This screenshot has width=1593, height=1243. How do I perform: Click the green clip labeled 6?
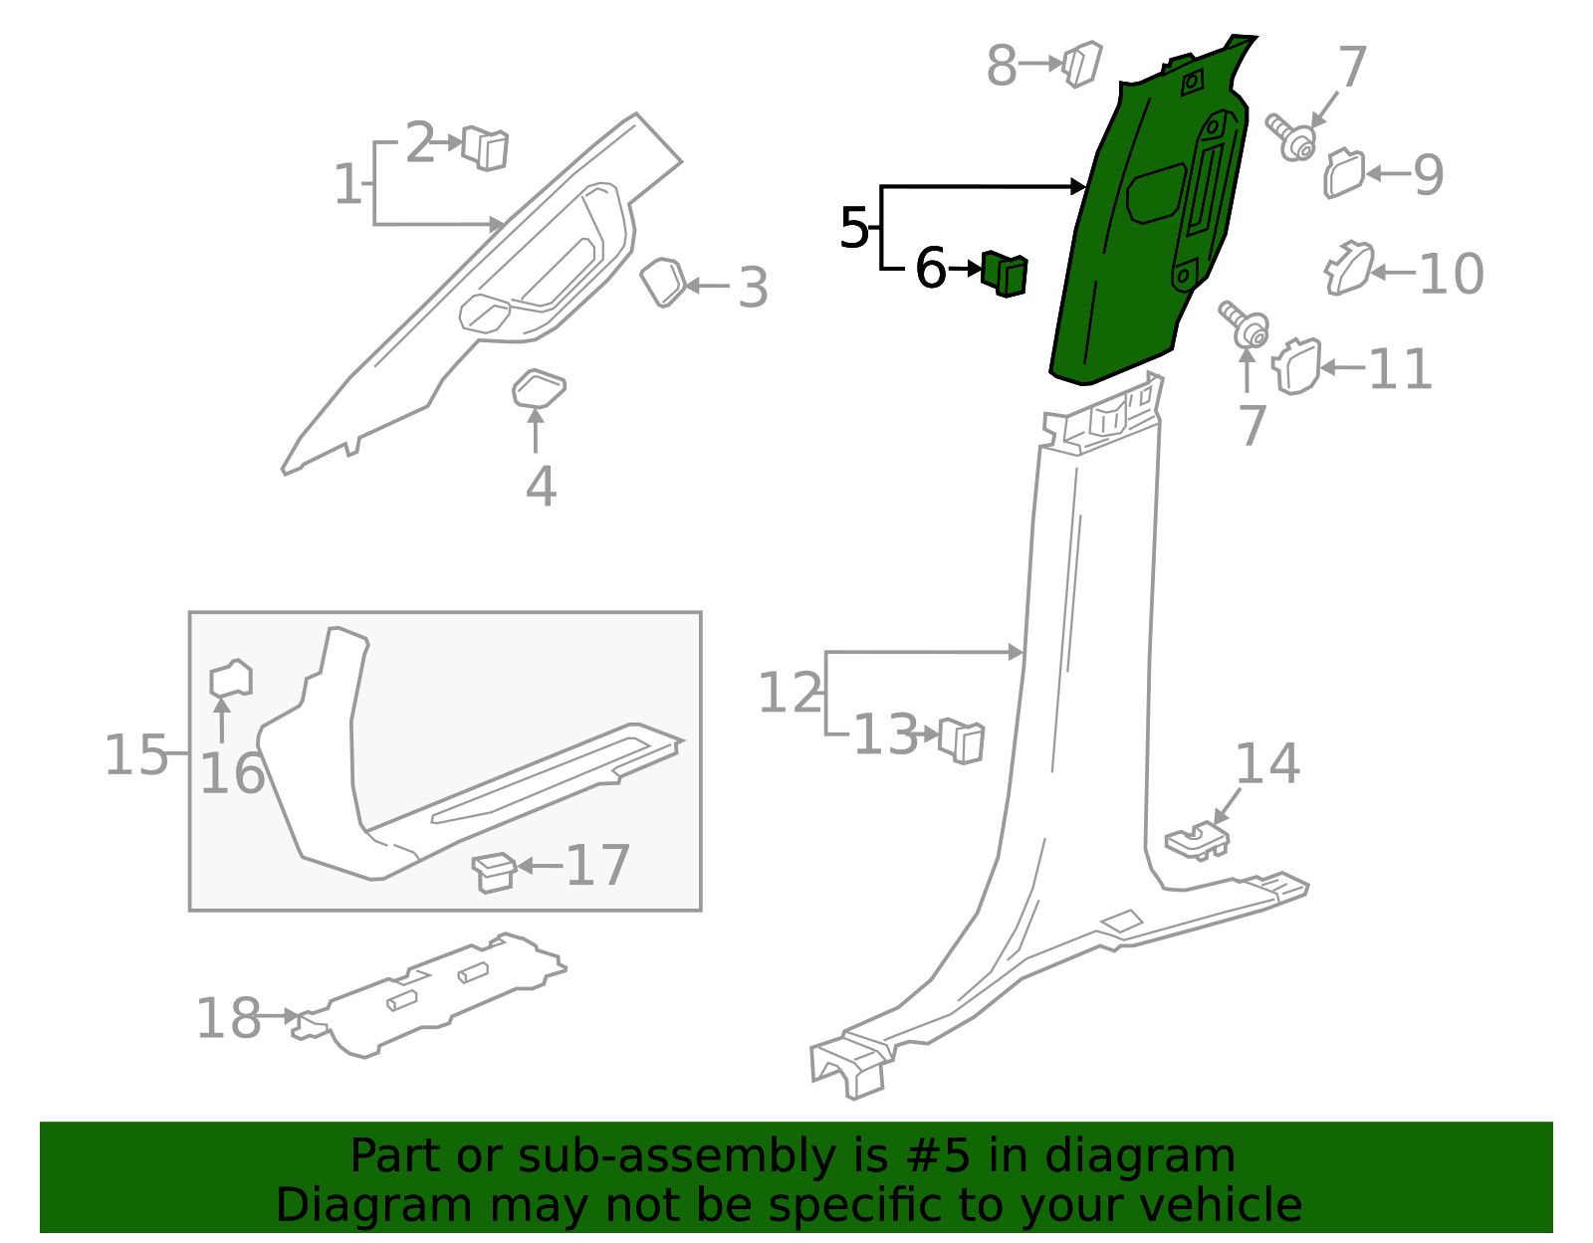click(x=1005, y=273)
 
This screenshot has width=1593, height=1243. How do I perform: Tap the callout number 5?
click(x=853, y=229)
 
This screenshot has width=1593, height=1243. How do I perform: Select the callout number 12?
click(x=790, y=693)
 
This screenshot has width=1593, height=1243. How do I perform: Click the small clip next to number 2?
click(x=486, y=148)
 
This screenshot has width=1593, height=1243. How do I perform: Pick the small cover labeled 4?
click(x=538, y=389)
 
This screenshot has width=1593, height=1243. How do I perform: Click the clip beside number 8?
click(x=1082, y=63)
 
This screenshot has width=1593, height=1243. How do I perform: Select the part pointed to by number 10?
click(x=1349, y=269)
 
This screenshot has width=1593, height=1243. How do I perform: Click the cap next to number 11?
click(x=1297, y=365)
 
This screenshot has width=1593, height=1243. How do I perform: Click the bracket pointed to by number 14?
click(x=1197, y=841)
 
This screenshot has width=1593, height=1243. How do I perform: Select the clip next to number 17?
click(x=493, y=871)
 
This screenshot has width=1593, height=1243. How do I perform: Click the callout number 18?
click(x=228, y=1018)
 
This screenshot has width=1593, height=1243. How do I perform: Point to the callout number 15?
click(x=135, y=754)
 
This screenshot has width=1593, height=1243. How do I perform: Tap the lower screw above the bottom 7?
click(x=1245, y=324)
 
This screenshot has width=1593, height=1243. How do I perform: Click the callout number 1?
click(x=346, y=185)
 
